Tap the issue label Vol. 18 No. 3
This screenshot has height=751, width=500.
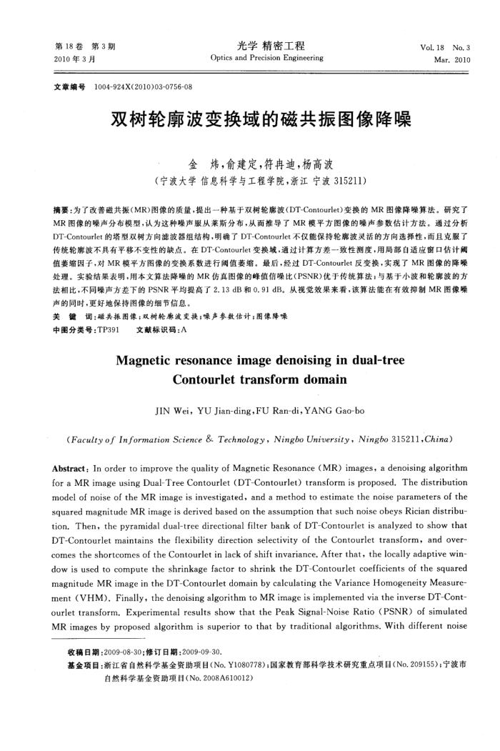click(446, 48)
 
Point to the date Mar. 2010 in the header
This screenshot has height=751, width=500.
click(451, 59)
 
